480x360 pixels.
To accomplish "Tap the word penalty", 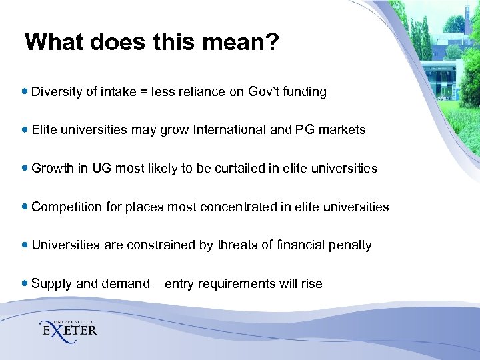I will pos(350,245).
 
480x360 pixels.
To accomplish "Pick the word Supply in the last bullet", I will pos(52,284).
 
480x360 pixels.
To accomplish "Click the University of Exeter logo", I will pos(69,327).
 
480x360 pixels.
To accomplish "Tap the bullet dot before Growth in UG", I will pos(25,168).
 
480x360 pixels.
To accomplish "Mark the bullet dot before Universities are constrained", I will pos(25,245).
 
